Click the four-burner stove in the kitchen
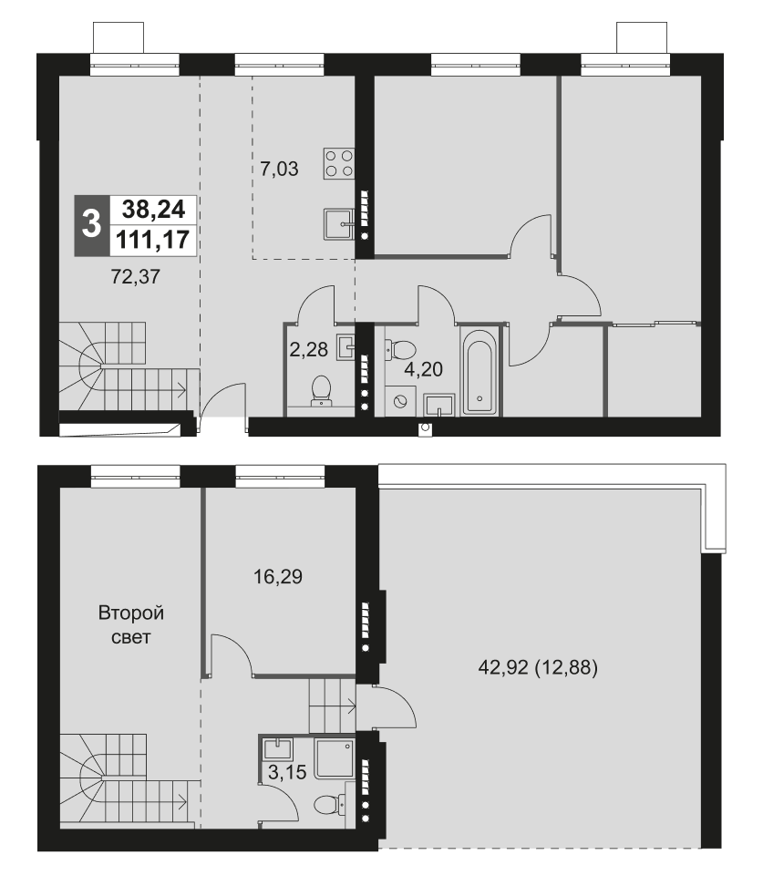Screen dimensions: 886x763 click(338, 162)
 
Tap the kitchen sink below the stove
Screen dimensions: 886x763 click(337, 222)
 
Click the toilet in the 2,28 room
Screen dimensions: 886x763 click(322, 390)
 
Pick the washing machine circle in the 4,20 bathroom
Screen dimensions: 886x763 click(399, 399)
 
